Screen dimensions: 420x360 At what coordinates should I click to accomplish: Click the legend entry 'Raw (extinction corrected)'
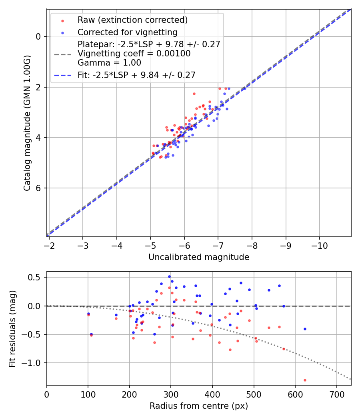click(x=132, y=20)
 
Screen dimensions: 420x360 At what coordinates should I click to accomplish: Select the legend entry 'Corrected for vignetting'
click(x=127, y=32)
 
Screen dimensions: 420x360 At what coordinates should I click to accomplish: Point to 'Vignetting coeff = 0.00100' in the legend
click(x=134, y=54)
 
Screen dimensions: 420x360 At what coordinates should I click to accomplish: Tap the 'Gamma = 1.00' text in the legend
click(x=109, y=62)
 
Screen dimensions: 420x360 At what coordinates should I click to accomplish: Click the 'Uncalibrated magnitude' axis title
click(x=199, y=257)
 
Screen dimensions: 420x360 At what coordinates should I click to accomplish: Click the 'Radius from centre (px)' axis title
click(x=199, y=406)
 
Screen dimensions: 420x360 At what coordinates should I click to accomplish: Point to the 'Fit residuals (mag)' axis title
click(x=12, y=328)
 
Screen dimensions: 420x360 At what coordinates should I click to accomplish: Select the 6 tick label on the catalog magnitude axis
click(x=38, y=188)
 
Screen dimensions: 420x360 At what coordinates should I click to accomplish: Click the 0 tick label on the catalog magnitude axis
click(x=38, y=36)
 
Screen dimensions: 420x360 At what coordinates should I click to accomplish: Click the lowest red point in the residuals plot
click(x=305, y=380)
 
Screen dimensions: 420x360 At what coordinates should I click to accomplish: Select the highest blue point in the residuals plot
click(x=169, y=276)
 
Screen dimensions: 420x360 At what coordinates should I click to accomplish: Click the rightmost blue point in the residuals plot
click(x=305, y=329)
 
